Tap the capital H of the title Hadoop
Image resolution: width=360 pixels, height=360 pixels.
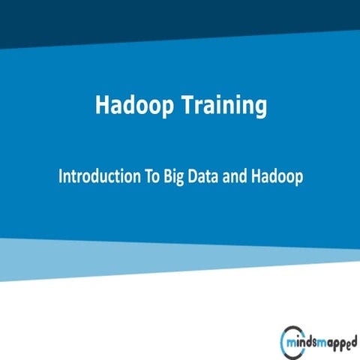coord(103,106)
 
